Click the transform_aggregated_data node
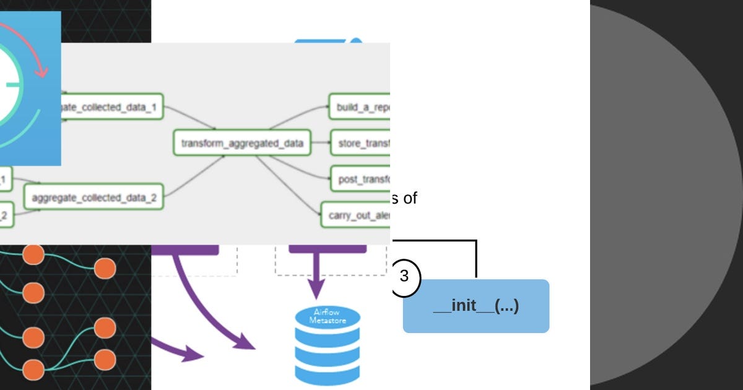242,143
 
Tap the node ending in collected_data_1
111,108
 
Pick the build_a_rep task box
360,107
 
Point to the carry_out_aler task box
356,215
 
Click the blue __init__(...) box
476,306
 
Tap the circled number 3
405,276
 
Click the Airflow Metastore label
326,316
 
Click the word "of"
410,198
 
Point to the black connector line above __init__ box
476,257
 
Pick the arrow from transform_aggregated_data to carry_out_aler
291,186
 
